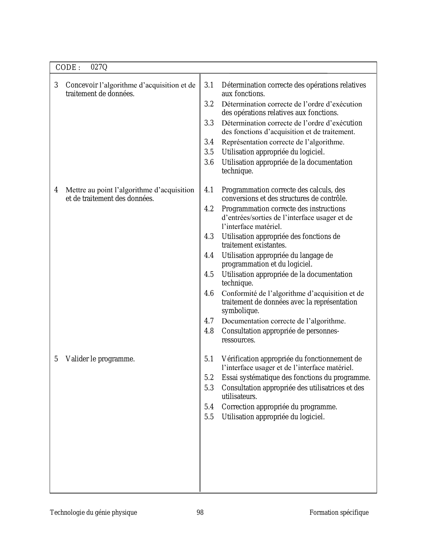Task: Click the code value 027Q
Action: pyautogui.click(x=99, y=67)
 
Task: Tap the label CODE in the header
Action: pyautogui.click(x=66, y=68)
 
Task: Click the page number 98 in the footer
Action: pyautogui.click(x=200, y=512)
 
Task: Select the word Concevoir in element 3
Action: pyautogui.click(x=81, y=85)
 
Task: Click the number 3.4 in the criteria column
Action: pyautogui.click(x=209, y=142)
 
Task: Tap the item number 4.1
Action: pyautogui.click(x=209, y=190)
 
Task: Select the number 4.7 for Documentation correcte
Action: pyautogui.click(x=209, y=321)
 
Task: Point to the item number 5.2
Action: pyautogui.click(x=209, y=378)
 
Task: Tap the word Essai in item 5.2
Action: pyautogui.click(x=229, y=378)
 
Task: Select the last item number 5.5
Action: pyautogui.click(x=209, y=417)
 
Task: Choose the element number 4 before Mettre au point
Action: pyautogui.click(x=56, y=190)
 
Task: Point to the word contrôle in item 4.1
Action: pyautogui.click(x=335, y=199)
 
